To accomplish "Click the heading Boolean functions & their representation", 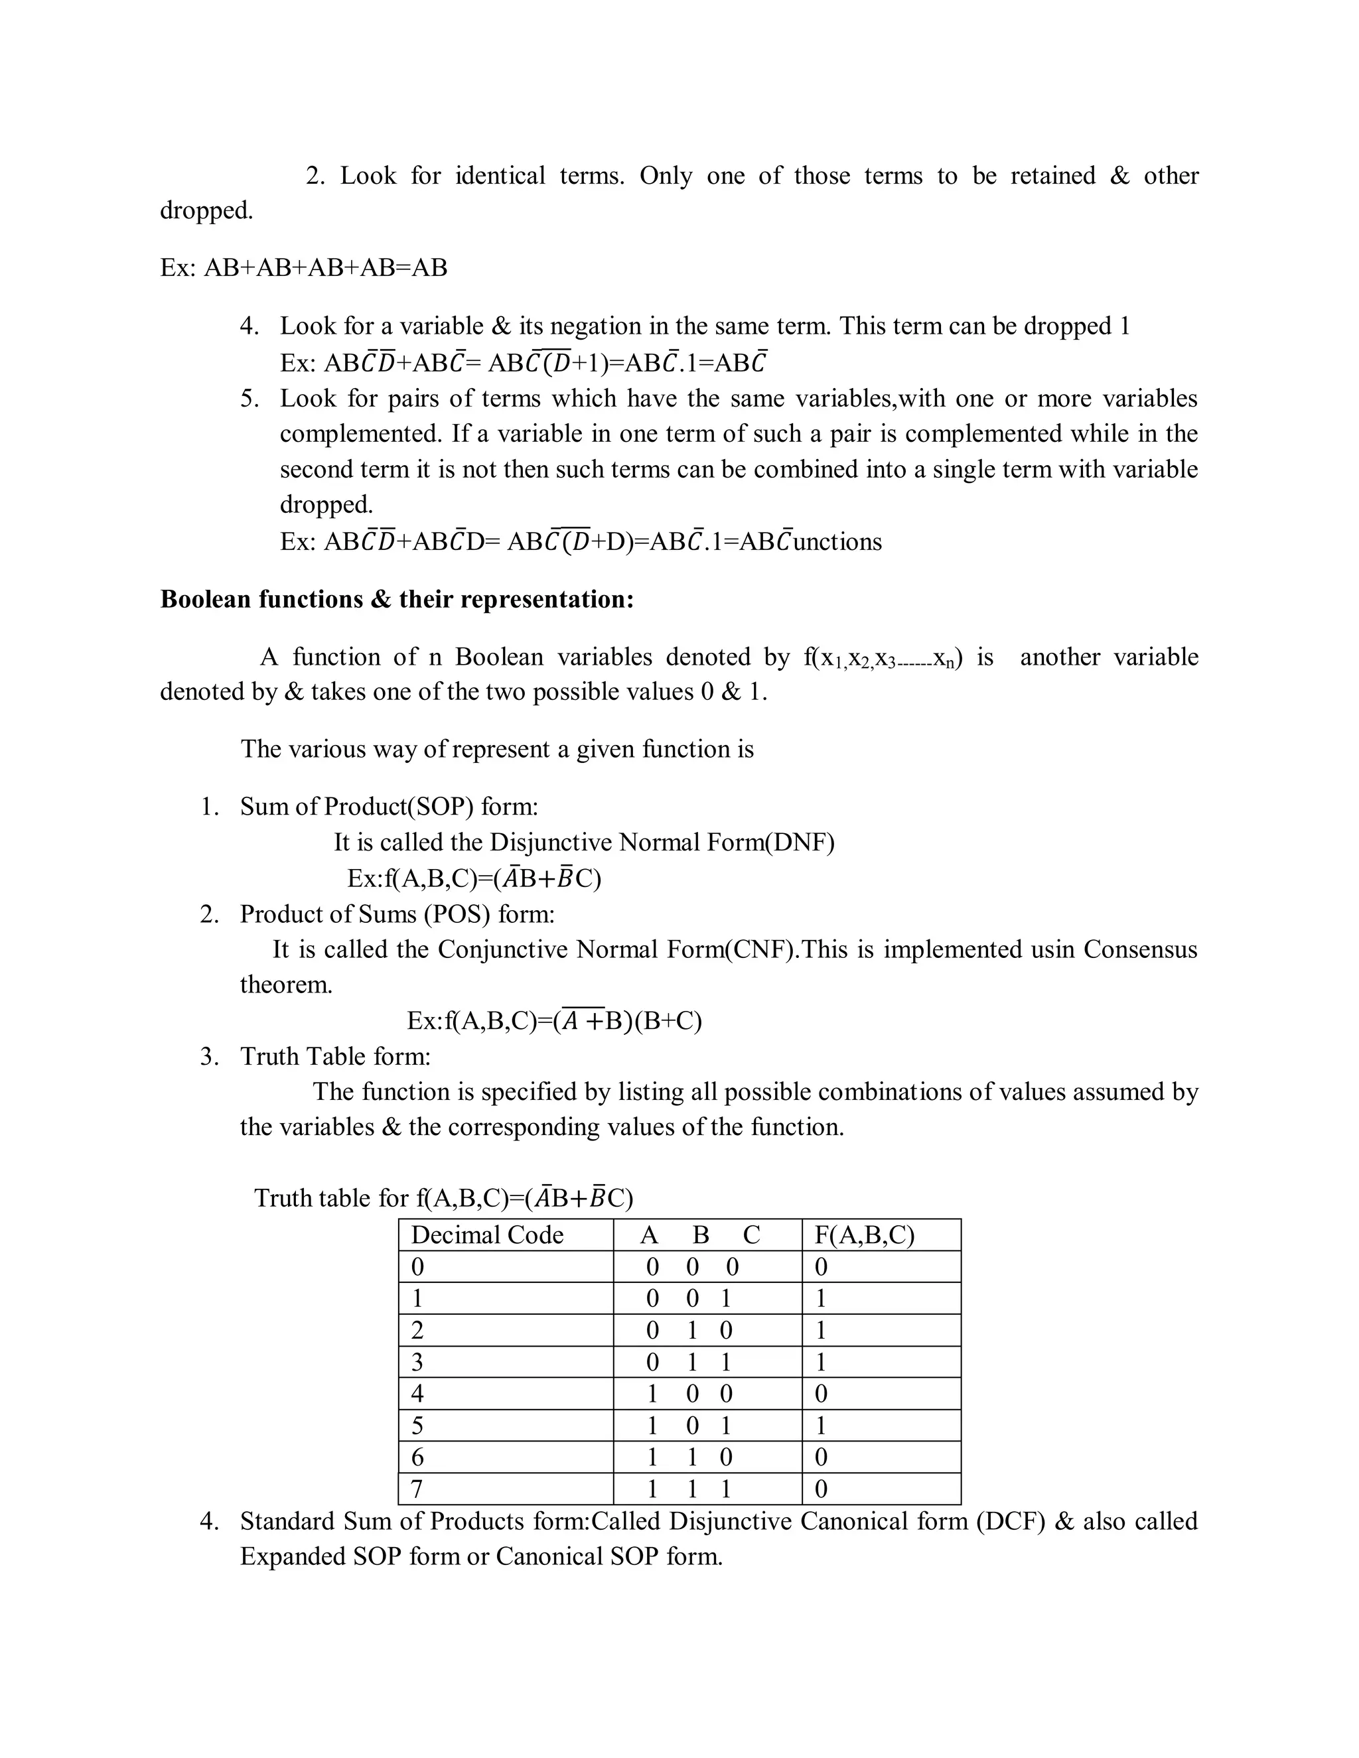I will (x=397, y=599).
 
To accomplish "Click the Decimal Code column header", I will (x=487, y=1235).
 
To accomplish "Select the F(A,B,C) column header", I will (x=865, y=1235).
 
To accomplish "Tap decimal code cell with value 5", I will (x=417, y=1426).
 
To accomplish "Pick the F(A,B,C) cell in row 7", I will (x=822, y=1489).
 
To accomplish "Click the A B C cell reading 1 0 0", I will (x=689, y=1393).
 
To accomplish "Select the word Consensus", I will (x=1140, y=949).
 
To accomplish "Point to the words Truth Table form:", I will (x=335, y=1056).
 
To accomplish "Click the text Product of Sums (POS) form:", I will (x=397, y=913).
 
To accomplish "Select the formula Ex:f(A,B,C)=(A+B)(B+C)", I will (x=554, y=1021).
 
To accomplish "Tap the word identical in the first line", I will (x=500, y=176).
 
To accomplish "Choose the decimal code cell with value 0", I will (x=417, y=1267).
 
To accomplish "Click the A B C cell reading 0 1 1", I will (x=689, y=1362).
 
